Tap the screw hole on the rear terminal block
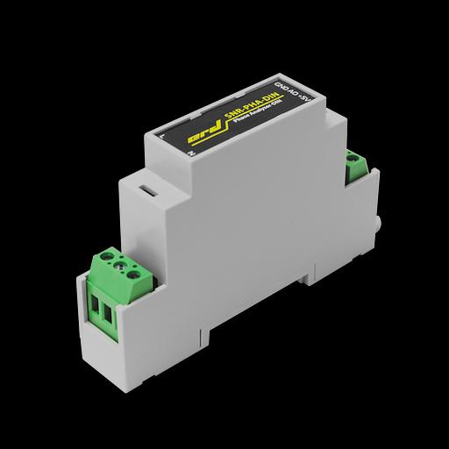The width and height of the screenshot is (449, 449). click(x=355, y=160)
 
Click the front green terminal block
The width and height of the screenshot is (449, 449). click(x=115, y=289)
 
